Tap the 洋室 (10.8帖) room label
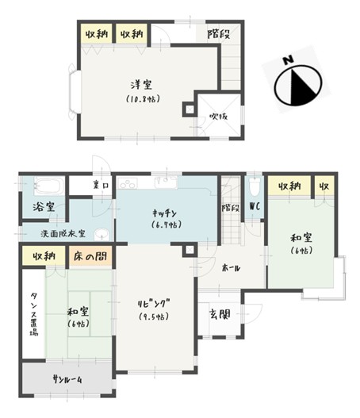click(x=143, y=91)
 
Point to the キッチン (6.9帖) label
click(x=167, y=218)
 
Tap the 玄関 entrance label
click(x=219, y=315)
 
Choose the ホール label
click(x=231, y=267)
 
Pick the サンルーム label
click(x=69, y=379)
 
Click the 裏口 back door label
click(x=100, y=186)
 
